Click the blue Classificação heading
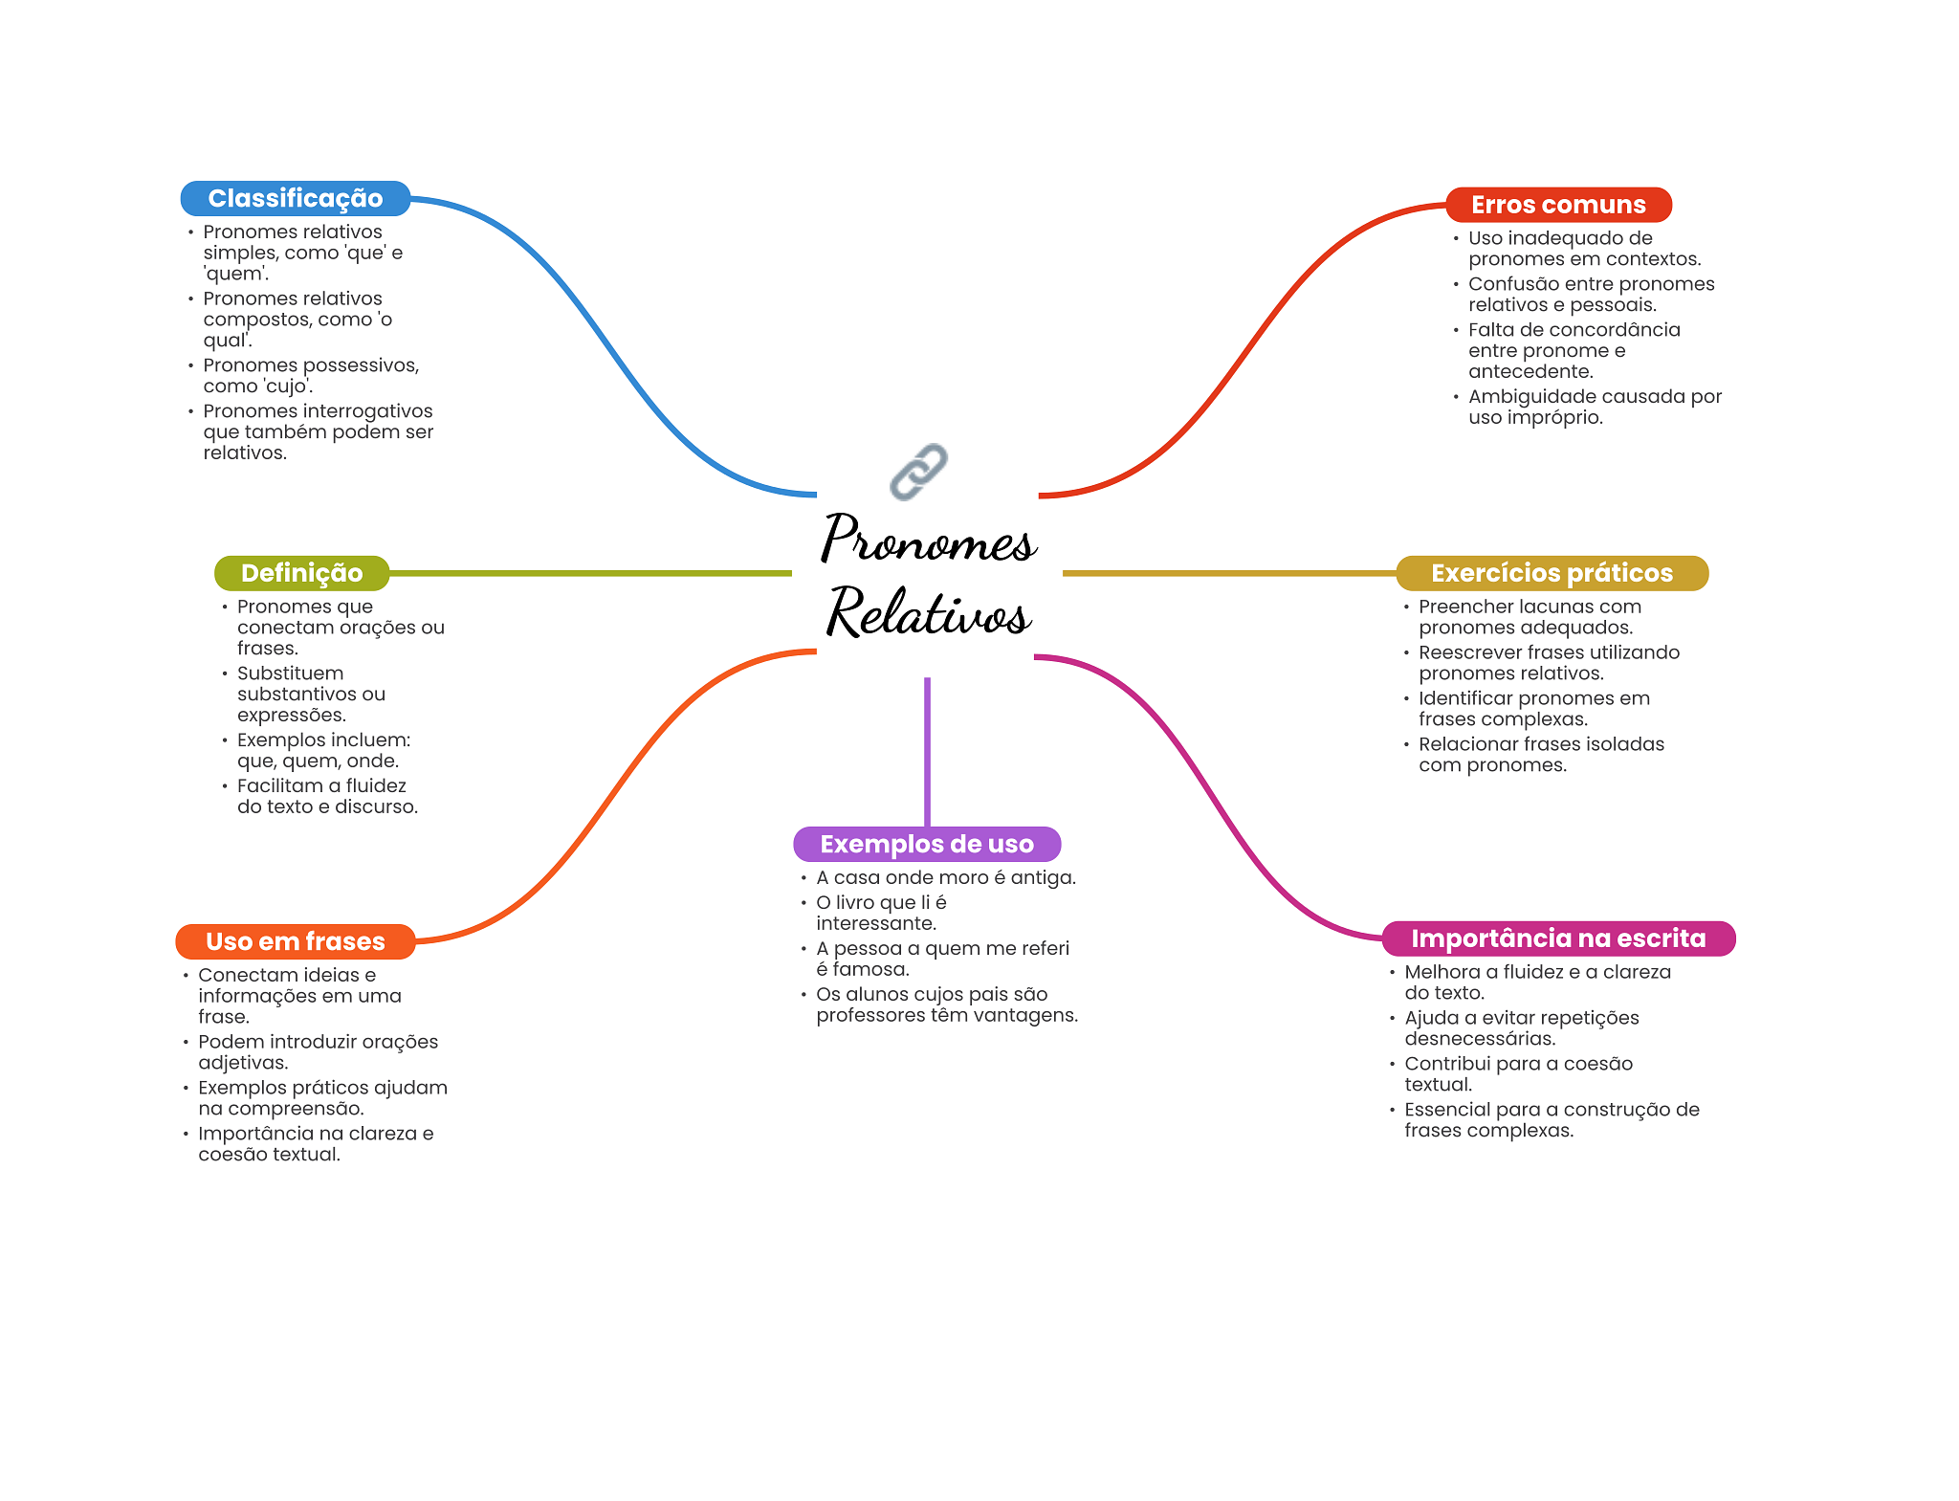pyautogui.click(x=296, y=198)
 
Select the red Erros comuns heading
pyautogui.click(x=1558, y=205)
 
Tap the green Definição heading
pyautogui.click(x=301, y=573)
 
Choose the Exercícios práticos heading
pyautogui.click(x=1552, y=573)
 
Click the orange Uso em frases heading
pyautogui.click(x=296, y=941)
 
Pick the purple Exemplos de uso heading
pyautogui.click(x=927, y=844)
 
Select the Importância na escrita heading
pyautogui.click(x=1558, y=938)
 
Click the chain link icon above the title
pyautogui.click(x=918, y=471)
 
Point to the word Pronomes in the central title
pyautogui.click(x=928, y=540)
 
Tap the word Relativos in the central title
pyautogui.click(x=928, y=611)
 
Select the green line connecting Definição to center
pyautogui.click(x=590, y=573)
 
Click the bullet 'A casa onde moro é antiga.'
pyautogui.click(x=945, y=877)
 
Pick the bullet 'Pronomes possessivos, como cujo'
pyautogui.click(x=310, y=376)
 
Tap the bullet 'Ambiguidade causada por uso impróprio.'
pyautogui.click(x=1595, y=407)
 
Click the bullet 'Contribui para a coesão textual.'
pyautogui.click(x=1518, y=1073)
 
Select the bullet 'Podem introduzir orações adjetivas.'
pyautogui.click(x=318, y=1051)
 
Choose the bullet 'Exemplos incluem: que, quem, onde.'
pyautogui.click(x=323, y=750)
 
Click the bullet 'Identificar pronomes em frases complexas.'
pyautogui.click(x=1533, y=708)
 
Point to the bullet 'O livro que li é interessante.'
pyautogui.click(x=880, y=913)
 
